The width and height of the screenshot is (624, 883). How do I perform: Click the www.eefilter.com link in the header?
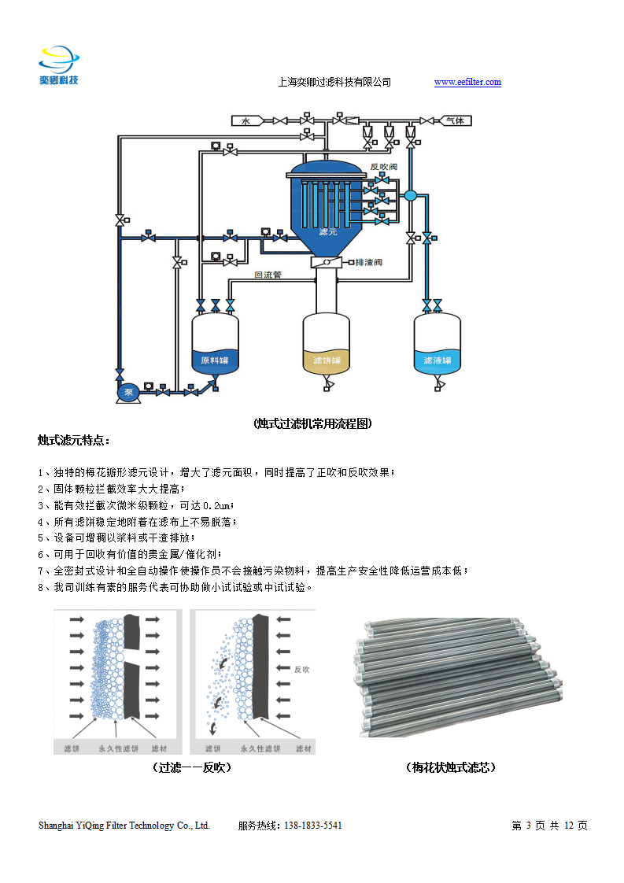467,82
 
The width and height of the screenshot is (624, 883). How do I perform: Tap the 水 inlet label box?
246,120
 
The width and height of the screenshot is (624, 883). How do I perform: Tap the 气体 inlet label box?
455,120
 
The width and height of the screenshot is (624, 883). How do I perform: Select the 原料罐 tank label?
215,360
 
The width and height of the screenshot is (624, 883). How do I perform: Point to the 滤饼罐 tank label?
327,360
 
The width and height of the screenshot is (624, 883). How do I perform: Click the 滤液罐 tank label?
437,360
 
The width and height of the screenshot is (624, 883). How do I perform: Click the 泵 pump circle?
127,391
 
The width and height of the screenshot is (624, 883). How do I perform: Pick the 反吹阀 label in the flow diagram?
383,167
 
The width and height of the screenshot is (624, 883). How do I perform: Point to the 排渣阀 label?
368,262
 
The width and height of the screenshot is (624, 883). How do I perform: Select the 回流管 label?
268,275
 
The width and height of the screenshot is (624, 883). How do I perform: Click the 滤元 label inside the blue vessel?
328,233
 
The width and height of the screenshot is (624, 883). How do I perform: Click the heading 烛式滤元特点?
74,439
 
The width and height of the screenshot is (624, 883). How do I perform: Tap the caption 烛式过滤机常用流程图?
312,423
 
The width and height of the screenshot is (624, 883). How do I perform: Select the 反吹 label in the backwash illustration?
302,670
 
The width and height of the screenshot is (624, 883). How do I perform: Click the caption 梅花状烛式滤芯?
451,767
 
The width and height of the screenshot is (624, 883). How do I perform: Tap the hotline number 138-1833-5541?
312,826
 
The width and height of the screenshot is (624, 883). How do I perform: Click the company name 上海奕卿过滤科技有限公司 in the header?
335,82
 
